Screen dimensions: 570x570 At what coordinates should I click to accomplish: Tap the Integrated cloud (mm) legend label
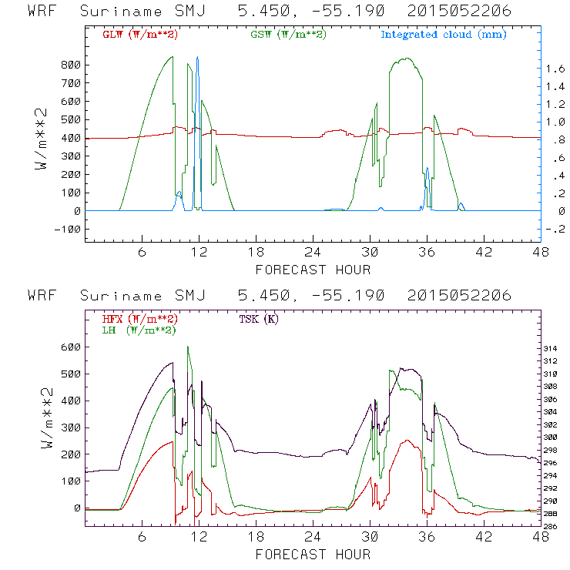coord(444,35)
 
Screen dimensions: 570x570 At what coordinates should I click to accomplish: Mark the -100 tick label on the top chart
coord(67,229)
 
